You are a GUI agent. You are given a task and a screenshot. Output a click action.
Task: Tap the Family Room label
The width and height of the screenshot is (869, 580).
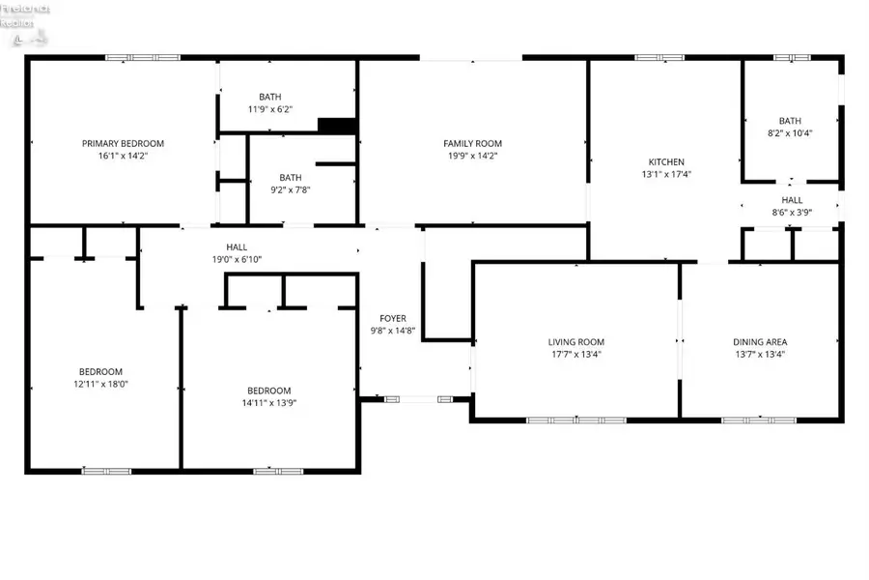tap(473, 143)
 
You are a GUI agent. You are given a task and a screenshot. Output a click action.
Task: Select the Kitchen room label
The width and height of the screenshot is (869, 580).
tap(666, 161)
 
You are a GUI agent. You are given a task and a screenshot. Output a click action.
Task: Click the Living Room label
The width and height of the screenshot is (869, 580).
tap(576, 341)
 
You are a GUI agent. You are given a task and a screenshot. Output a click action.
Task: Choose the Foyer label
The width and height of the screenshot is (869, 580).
tap(393, 318)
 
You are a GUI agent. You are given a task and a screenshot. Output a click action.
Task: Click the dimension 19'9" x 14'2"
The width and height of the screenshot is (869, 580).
tap(473, 156)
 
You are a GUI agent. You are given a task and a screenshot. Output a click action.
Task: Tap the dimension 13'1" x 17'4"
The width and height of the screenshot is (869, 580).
tap(666, 175)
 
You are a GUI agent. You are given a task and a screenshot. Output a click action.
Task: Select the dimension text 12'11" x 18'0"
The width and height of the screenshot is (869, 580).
tap(101, 384)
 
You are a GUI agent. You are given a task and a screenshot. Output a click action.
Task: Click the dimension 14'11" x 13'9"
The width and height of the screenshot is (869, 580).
tap(268, 403)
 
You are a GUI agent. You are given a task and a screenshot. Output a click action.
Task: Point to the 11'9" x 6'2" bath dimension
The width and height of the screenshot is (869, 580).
tap(270, 109)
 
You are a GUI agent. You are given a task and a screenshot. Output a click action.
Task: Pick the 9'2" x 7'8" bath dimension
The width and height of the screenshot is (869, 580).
tap(291, 189)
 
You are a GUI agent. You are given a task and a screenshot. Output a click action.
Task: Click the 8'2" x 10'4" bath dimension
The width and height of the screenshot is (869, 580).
tap(790, 133)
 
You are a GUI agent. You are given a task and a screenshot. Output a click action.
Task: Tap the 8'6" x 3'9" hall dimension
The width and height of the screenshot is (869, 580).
tap(792, 212)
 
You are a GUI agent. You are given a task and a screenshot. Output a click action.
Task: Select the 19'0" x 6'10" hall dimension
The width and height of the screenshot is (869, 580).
tap(237, 259)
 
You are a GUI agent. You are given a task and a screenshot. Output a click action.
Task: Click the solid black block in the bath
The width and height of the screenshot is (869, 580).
tap(337, 126)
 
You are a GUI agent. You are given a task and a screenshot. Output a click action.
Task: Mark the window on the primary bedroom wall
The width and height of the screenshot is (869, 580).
tap(129, 58)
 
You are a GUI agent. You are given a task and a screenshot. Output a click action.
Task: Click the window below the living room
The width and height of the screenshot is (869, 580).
tap(576, 420)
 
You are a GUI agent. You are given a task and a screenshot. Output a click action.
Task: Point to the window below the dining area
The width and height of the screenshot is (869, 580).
tap(760, 420)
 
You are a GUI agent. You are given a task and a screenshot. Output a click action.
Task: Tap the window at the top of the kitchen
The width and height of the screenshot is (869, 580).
tap(659, 58)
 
